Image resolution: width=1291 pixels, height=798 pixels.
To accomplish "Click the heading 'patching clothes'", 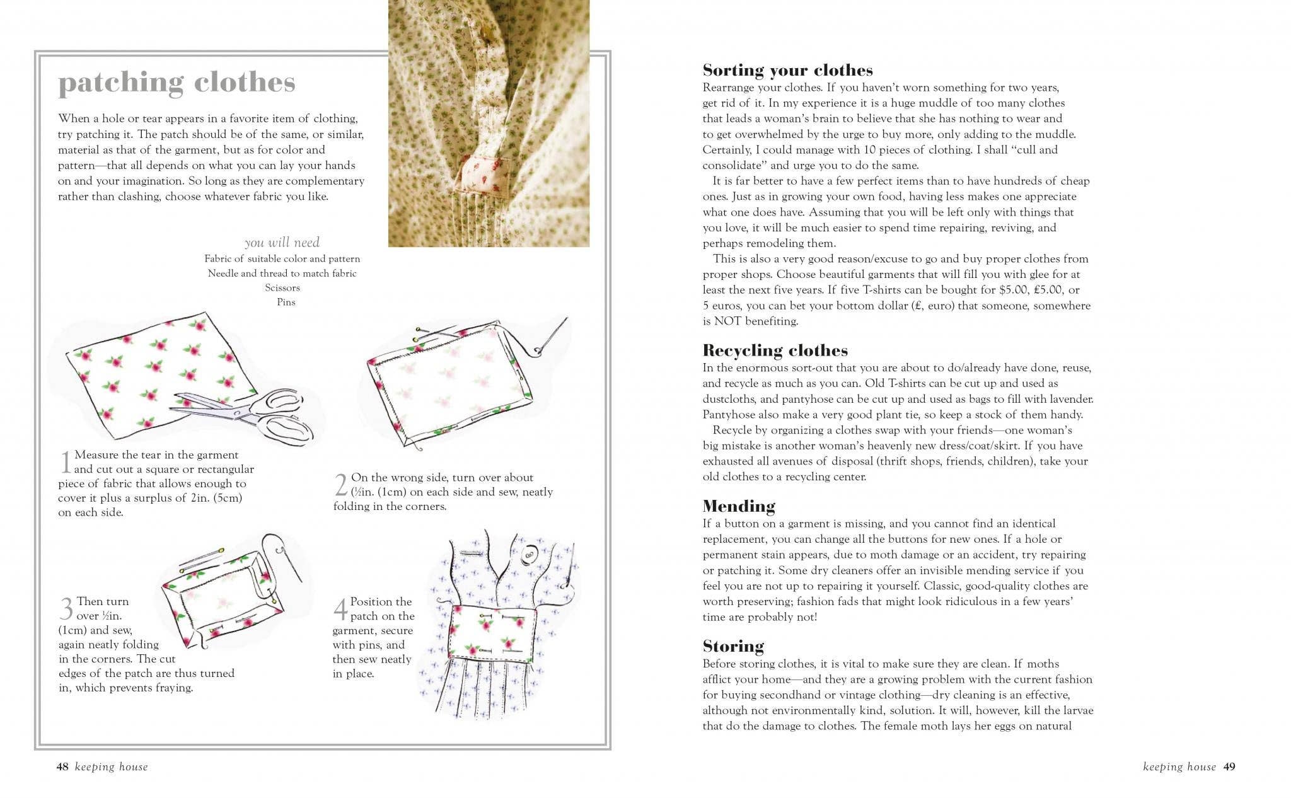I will pos(177,83).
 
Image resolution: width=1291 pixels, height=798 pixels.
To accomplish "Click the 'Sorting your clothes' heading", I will pos(787,69).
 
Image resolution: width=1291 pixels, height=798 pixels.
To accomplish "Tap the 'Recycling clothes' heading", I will pos(775,350).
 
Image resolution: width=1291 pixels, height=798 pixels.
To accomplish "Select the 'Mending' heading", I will pos(739,506).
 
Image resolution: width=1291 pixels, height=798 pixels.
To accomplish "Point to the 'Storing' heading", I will pos(733,646).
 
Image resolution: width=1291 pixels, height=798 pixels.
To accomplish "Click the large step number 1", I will pos(66,462).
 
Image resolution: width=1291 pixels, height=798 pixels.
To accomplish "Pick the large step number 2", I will pos(341,485).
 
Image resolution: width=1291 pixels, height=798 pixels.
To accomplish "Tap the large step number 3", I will pos(66,609).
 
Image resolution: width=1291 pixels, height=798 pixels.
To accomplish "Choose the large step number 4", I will pos(340,609).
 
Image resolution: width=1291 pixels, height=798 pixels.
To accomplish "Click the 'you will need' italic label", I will pos(282,242).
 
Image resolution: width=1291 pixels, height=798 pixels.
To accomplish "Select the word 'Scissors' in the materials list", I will pos(282,287).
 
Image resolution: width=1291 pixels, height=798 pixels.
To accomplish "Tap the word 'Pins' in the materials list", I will pos(286,302).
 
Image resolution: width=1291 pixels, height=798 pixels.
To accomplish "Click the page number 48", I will pos(62,766).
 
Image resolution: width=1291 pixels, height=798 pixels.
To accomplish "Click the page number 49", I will pos(1229,766).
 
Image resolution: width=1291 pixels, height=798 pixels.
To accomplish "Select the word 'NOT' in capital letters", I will pos(727,321).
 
